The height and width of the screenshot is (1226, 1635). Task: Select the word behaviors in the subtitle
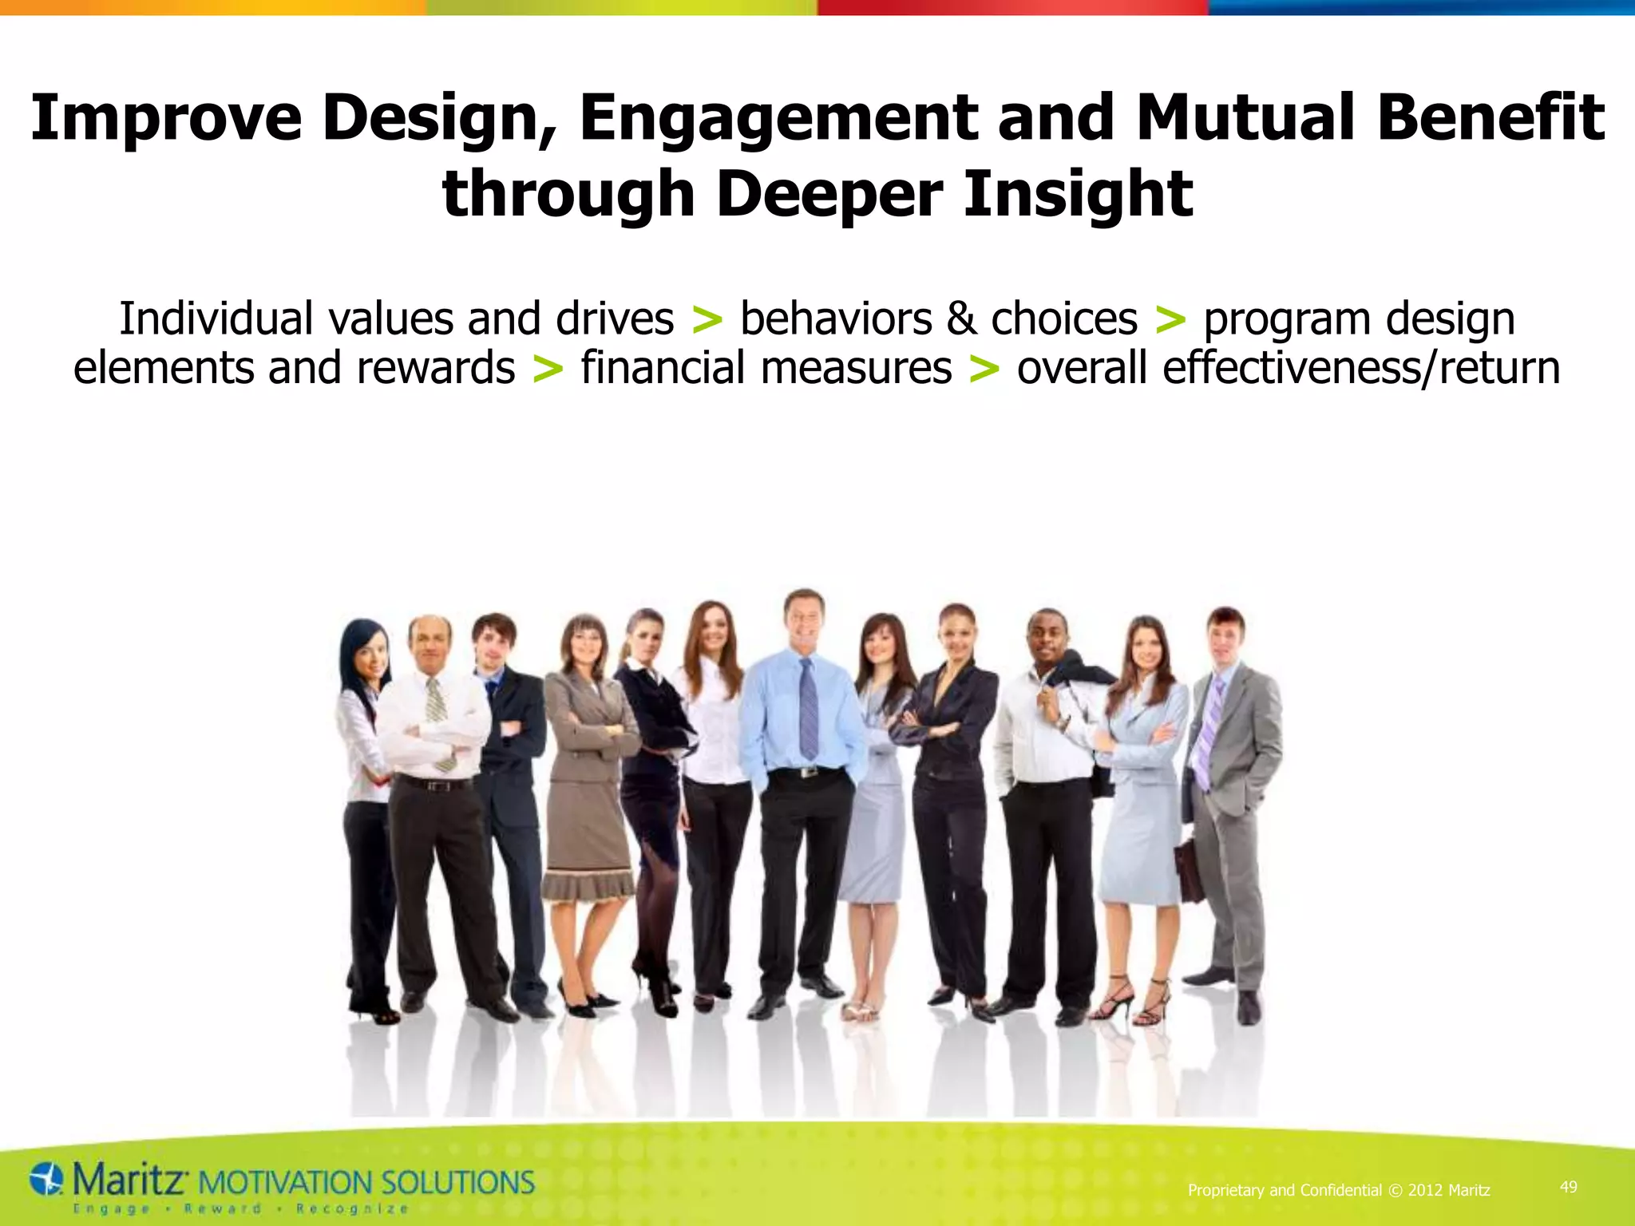pyautogui.click(x=835, y=319)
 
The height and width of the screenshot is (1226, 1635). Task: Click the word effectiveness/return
pyautogui.click(x=1288, y=369)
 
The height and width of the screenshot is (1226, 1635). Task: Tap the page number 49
pyautogui.click(x=1568, y=1187)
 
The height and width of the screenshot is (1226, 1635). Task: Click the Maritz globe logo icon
pyautogui.click(x=46, y=1179)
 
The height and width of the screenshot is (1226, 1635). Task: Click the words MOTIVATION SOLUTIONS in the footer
pyautogui.click(x=366, y=1182)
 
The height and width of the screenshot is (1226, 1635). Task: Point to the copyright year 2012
pyautogui.click(x=1425, y=1190)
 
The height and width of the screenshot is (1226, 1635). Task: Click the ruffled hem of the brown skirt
pyautogui.click(x=588, y=888)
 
